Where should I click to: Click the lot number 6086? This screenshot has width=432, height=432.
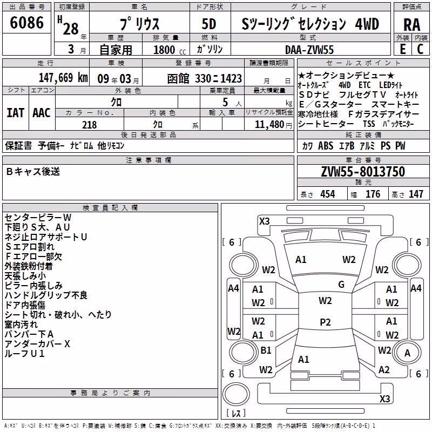tap(26, 23)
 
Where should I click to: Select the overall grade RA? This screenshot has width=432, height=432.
tap(412, 25)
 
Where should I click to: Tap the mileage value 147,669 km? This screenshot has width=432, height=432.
tap(63, 78)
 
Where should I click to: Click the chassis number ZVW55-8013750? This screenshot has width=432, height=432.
tap(363, 171)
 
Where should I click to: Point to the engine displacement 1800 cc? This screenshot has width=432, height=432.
tap(170, 50)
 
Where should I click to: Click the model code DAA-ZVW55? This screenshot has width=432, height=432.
tap(309, 50)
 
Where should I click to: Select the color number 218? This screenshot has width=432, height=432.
tap(89, 125)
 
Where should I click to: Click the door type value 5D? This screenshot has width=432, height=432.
tap(209, 24)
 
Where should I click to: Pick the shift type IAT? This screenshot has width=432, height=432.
tap(16, 113)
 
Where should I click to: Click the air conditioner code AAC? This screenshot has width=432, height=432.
tap(42, 113)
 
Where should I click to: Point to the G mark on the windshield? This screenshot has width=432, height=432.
tap(341, 285)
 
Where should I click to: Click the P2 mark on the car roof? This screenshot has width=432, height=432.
tap(325, 322)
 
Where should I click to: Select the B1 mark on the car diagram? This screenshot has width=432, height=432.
tap(266, 350)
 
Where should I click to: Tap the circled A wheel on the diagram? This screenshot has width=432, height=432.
tap(407, 353)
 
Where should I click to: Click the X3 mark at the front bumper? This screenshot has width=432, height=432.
tap(264, 221)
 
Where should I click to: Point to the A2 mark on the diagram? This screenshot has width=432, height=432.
tap(384, 370)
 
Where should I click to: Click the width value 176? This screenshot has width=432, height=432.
tap(373, 194)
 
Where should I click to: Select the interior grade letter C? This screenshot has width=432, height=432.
tap(420, 49)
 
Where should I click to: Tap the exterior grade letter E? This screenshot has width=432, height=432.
tap(403, 49)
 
